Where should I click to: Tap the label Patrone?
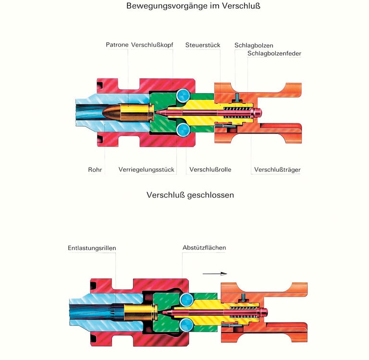coord(117,45)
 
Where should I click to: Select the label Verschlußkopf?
coord(152,45)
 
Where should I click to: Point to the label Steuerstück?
coord(203,45)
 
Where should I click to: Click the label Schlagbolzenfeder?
coord(274,53)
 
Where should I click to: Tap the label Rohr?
coord(95,169)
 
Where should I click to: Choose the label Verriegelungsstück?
coord(146,169)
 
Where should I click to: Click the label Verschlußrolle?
coord(210,169)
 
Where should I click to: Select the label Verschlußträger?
coord(277,169)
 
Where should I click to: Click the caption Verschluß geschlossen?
coord(190,195)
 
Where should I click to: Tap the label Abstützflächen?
coord(204,248)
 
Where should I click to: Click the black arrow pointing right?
coord(214,274)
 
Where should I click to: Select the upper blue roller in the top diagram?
coord(183,96)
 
